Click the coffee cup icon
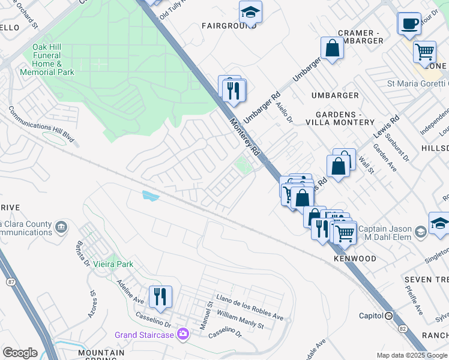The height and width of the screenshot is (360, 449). coord(409,23)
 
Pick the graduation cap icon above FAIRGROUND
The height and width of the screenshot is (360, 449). coord(250,12)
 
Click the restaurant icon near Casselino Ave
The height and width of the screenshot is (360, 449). coord(160,296)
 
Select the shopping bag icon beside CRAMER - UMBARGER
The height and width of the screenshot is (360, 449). coord(332,48)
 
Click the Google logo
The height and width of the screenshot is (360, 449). coord(20,352)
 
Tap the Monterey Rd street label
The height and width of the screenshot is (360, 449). coord(245,138)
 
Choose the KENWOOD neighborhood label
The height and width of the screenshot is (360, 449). coord(355,259)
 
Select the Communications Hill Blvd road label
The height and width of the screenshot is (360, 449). coord(41,125)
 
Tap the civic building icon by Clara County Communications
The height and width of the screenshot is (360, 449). coord(61,227)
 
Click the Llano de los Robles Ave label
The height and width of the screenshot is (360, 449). coord(250,308)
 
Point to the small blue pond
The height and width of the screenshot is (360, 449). coord(151,196)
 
